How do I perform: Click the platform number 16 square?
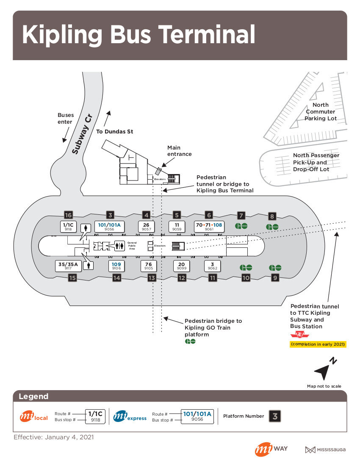click(68, 215)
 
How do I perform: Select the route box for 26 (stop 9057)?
click(146, 227)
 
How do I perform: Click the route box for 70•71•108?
click(209, 227)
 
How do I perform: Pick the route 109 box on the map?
click(116, 266)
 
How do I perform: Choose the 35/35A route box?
click(68, 266)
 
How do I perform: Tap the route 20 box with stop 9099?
click(182, 266)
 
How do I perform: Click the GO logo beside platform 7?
click(241, 226)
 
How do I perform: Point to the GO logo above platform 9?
click(275, 268)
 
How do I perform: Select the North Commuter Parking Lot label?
click(321, 111)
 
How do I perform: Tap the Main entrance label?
click(180, 151)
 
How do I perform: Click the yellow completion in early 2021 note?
click(318, 344)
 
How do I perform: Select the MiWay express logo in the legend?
click(130, 416)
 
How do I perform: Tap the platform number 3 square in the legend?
click(275, 416)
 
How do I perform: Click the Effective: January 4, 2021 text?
click(54, 437)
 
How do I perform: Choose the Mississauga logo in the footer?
click(325, 449)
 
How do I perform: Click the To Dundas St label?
click(114, 131)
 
